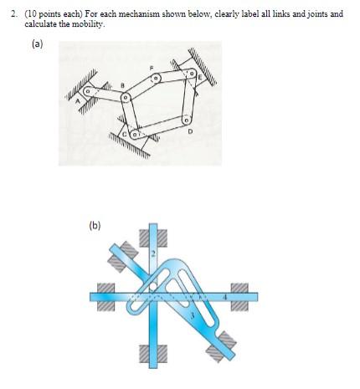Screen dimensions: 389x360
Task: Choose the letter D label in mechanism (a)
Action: coord(191,133)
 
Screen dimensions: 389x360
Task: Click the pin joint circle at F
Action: coord(155,80)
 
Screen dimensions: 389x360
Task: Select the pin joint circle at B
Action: coord(126,97)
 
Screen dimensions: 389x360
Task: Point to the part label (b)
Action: coord(95,224)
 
